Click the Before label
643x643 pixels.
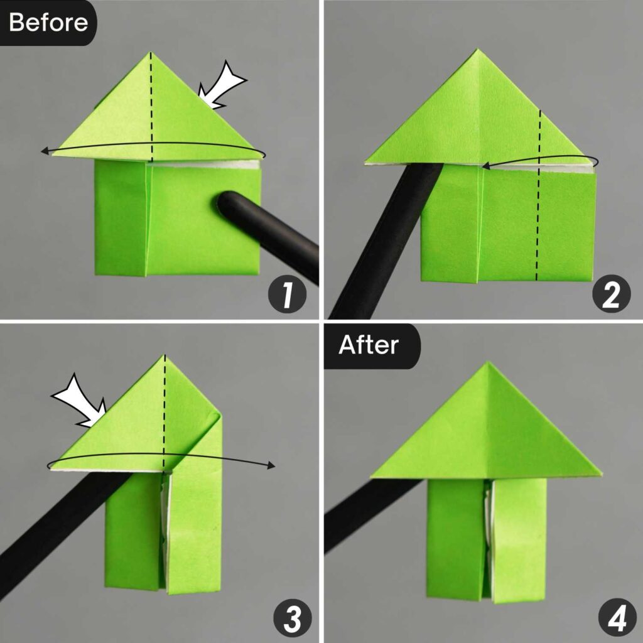pyautogui.click(x=48, y=23)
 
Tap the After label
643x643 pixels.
pyautogui.click(x=369, y=345)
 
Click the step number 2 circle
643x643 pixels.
pyautogui.click(x=610, y=296)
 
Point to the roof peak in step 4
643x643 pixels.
pyautogui.click(x=487, y=364)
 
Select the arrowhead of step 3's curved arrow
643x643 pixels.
pyautogui.click(x=271, y=465)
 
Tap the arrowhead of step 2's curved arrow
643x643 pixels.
pyautogui.click(x=487, y=166)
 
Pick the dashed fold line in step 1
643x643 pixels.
pyautogui.click(x=151, y=107)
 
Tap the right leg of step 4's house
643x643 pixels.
pyautogui.click(x=519, y=540)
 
